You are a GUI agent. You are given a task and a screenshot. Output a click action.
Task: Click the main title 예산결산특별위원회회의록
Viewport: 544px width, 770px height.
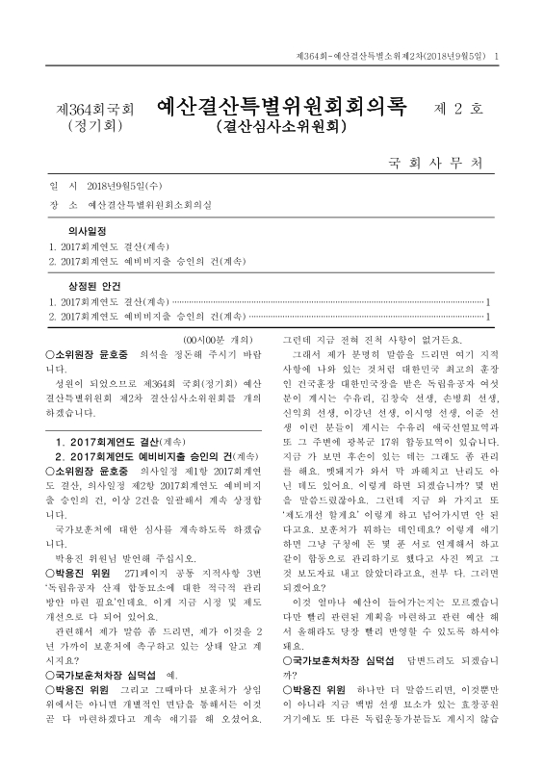coord(281,103)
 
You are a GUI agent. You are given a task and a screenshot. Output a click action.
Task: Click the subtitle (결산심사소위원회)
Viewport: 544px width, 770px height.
coord(279,125)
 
